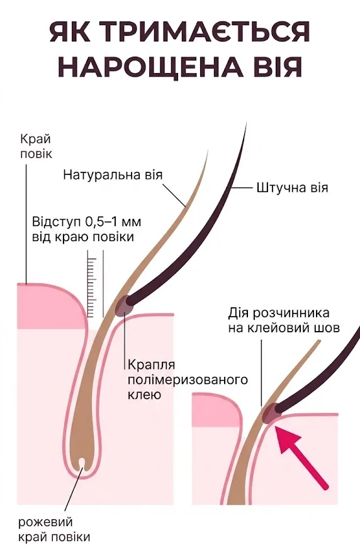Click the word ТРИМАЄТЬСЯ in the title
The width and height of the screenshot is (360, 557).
[208, 32]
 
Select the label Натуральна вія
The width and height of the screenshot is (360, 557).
[113, 175]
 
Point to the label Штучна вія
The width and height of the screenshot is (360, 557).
[292, 188]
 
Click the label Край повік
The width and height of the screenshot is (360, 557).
[36, 146]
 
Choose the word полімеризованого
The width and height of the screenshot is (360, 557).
[188, 380]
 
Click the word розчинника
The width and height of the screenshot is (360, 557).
[292, 313]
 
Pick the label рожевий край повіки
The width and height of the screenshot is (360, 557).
[54, 529]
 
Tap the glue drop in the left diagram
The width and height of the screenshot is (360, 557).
[124, 305]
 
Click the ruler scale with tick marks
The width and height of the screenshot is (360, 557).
[92, 287]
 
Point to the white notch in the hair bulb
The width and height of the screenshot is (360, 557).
[81, 463]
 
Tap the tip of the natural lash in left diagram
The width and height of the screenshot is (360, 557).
[208, 151]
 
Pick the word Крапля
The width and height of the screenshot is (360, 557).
[152, 365]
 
